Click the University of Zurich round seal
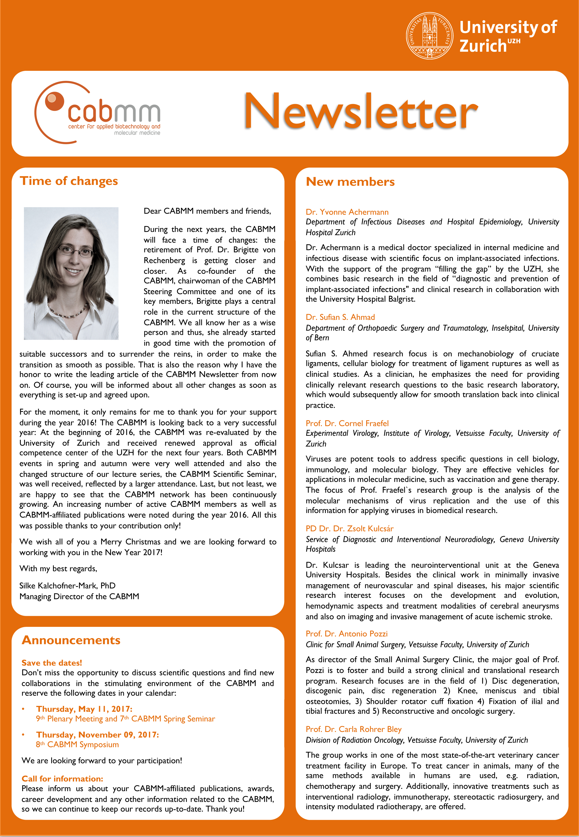pos(429,36)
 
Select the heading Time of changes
pos(69,181)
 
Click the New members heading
pos(350,182)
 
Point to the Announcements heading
pos(71,640)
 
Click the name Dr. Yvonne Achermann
pos(347,212)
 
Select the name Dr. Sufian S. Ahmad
pos(340,317)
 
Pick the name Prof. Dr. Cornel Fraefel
pos(347,423)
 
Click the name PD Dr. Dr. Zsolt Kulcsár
pos(349,528)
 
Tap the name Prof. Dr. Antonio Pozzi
pos(346,634)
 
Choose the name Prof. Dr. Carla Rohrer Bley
pos(353,729)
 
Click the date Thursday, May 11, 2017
pos(84,709)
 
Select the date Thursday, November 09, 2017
pos(97,735)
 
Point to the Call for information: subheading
pos(62,779)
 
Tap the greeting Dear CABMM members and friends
pos(207,211)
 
